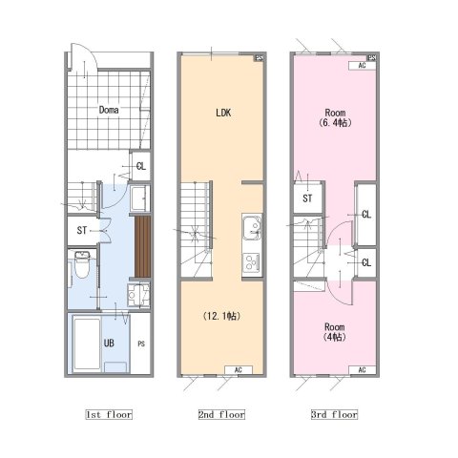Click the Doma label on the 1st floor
pyautogui.click(x=109, y=110)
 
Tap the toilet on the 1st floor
pyautogui.click(x=82, y=264)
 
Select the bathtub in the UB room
pyautogui.click(x=87, y=343)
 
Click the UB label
pyautogui.click(x=109, y=343)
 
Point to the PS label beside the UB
pyautogui.click(x=141, y=343)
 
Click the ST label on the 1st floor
pyautogui.click(x=82, y=230)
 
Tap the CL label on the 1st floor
pyautogui.click(x=141, y=166)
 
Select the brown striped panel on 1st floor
pyautogui.click(x=142, y=247)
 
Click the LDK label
pyautogui.click(x=223, y=113)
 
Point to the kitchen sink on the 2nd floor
pyautogui.click(x=252, y=228)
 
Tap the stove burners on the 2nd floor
pyautogui.click(x=252, y=262)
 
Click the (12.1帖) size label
pyautogui.click(x=221, y=316)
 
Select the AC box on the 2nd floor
pyautogui.click(x=239, y=370)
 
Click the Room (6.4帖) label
pyautogui.click(x=335, y=117)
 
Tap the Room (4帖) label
pyautogui.click(x=335, y=332)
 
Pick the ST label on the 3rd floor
pyautogui.click(x=307, y=198)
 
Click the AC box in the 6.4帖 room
pyautogui.click(x=363, y=66)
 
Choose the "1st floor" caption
pyautogui.click(x=109, y=414)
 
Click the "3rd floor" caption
pyautogui.click(x=334, y=414)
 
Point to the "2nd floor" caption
pyautogui.click(x=221, y=414)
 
